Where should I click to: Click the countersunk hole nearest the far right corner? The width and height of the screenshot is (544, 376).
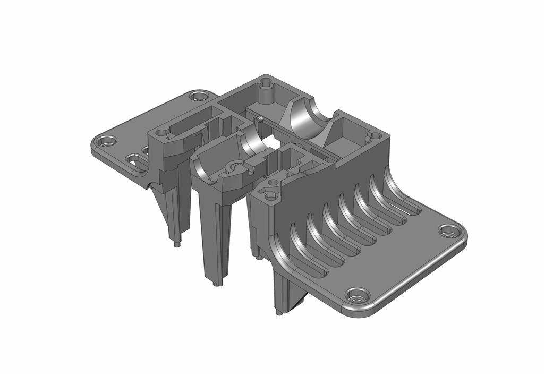pos(449,231)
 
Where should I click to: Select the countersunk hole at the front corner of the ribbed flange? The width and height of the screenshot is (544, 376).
pos(356,295)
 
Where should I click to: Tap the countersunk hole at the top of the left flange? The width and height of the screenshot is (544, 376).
pos(199,96)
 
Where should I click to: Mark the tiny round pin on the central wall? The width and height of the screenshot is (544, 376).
pos(260,118)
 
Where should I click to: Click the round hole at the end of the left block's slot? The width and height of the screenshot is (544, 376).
pos(160,131)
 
